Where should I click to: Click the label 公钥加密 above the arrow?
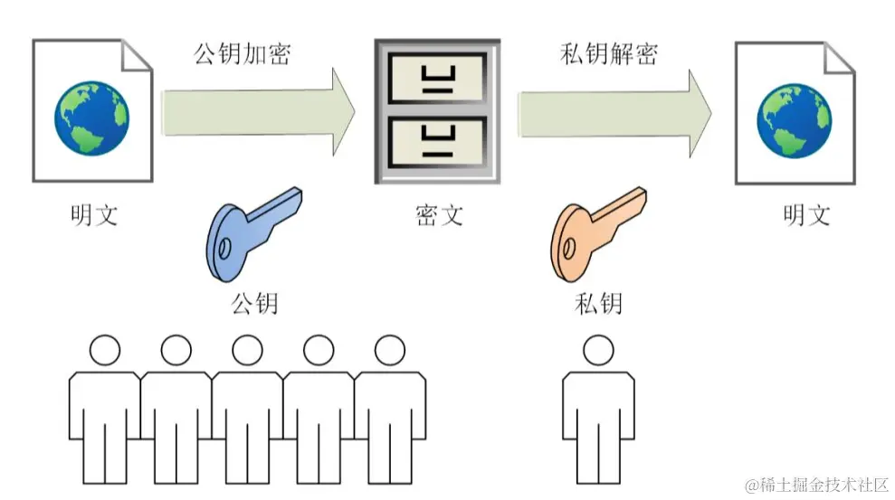[243, 54]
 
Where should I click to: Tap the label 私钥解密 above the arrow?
[609, 54]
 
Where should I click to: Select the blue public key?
[253, 234]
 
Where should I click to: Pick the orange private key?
[597, 234]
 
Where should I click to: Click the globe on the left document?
[92, 118]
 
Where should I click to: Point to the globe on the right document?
[794, 120]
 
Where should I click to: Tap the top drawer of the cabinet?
[438, 78]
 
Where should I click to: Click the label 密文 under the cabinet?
[439, 215]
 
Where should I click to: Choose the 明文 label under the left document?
[94, 215]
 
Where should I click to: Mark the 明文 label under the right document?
[806, 215]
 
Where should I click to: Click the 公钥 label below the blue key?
[254, 303]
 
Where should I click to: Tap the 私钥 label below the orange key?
[598, 303]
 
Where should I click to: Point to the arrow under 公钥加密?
[258, 112]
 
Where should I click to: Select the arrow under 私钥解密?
[614, 113]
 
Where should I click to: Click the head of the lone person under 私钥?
[598, 350]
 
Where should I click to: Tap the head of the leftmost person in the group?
[105, 350]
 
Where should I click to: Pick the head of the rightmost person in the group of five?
[390, 350]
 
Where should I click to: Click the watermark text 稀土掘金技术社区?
[824, 486]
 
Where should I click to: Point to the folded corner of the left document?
[137, 55]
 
